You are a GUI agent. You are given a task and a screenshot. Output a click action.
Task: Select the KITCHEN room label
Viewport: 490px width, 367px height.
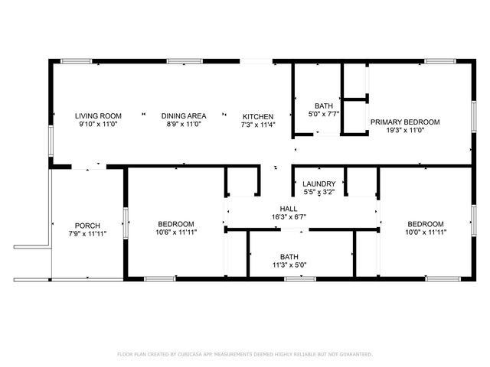[258, 116]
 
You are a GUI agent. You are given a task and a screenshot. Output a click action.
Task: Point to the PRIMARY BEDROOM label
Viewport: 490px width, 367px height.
[405, 122]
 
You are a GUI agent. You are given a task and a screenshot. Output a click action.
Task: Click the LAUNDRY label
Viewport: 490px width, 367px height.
[318, 183]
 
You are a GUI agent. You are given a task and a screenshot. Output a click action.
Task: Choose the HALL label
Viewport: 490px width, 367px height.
[288, 208]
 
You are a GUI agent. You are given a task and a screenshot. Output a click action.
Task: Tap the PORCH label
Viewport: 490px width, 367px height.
[87, 224]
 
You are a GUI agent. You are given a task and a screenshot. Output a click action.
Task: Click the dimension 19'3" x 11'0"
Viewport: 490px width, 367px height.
[405, 131]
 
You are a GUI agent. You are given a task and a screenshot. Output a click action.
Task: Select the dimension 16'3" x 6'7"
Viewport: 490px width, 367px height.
[288, 216]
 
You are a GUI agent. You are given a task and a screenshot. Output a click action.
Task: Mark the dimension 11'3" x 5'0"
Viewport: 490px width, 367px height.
[289, 265]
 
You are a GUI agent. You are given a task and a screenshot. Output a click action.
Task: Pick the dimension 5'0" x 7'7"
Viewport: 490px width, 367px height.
[322, 115]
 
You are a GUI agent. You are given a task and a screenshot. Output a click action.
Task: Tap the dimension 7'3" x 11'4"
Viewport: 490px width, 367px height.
[258, 125]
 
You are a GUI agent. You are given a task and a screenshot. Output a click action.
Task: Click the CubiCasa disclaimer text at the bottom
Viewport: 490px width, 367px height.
[245, 355]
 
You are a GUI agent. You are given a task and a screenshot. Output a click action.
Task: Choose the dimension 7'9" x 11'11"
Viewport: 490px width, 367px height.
[87, 232]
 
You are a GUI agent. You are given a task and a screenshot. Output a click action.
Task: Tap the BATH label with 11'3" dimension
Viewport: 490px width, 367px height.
[289, 257]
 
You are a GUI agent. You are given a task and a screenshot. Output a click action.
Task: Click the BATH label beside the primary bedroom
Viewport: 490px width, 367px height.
[322, 106]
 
